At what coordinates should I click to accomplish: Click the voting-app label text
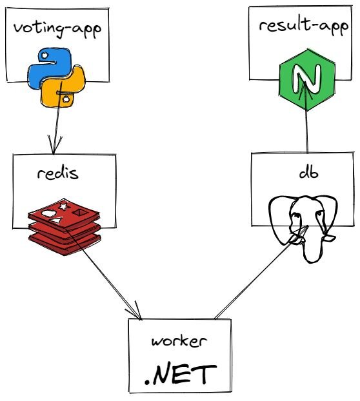(57, 29)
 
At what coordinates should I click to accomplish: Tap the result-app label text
(303, 26)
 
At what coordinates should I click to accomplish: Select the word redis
(58, 173)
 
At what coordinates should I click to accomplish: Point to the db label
(308, 173)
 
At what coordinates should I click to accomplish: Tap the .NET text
(181, 375)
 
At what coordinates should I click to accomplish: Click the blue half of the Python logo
(49, 68)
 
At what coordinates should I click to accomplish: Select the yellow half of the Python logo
(63, 87)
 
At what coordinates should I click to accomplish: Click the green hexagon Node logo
(307, 80)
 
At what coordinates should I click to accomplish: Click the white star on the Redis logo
(63, 206)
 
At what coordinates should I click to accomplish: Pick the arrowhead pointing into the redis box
(54, 146)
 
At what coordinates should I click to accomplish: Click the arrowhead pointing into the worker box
(135, 311)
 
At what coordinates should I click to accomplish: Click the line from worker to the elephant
(261, 272)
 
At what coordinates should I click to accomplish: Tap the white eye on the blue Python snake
(45, 55)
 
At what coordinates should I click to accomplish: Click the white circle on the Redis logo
(48, 213)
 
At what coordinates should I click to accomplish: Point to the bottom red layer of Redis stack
(65, 244)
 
